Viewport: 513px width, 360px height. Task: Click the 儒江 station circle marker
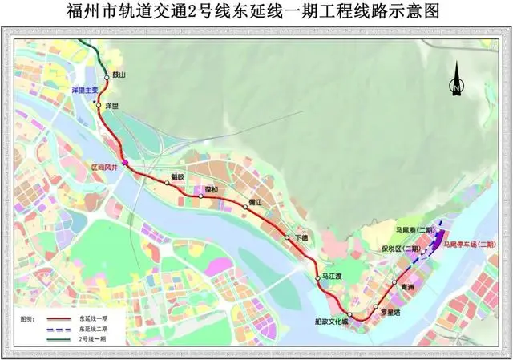pos(245,208)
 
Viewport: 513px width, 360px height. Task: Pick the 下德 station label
pos(301,239)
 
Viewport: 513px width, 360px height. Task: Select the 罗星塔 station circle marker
pos(375,308)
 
